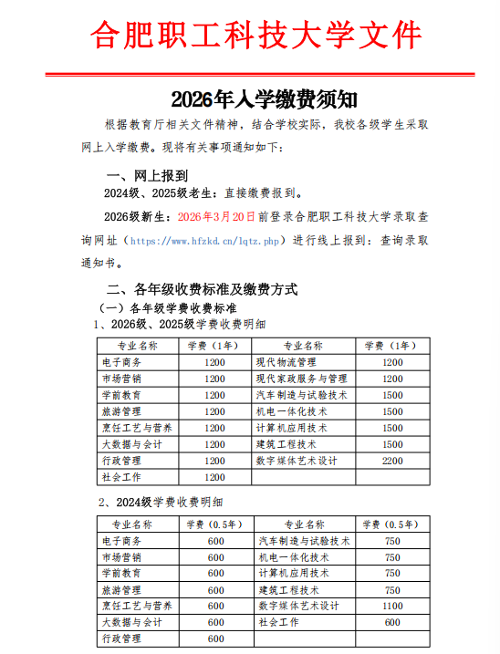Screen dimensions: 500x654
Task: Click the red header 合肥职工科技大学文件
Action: pyautogui.click(x=255, y=35)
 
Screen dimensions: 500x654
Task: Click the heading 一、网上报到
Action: pyautogui.click(x=148, y=174)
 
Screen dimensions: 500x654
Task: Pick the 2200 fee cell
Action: pyautogui.click(x=391, y=462)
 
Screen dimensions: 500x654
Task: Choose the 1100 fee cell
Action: pyautogui.click(x=391, y=606)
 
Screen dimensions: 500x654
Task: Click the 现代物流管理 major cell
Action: pyautogui.click(x=286, y=362)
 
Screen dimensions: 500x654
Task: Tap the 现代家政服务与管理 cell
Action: pyautogui.click(x=301, y=379)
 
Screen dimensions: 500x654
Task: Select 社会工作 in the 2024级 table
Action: pyautogui.click(x=279, y=622)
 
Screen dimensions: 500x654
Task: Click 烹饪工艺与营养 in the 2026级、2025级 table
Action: pyautogui.click(x=138, y=428)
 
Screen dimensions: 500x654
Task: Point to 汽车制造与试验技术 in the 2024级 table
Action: pyautogui.click(x=305, y=540)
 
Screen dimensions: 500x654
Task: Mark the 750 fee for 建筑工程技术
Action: pyautogui.click(x=391, y=589)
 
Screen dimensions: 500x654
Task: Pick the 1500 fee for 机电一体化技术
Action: pyautogui.click(x=391, y=411)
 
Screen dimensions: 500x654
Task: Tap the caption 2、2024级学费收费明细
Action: pyautogui.click(x=161, y=503)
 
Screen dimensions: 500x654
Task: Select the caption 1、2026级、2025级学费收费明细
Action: pyautogui.click(x=181, y=324)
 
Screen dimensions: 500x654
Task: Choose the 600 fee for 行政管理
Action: pyautogui.click(x=215, y=638)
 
